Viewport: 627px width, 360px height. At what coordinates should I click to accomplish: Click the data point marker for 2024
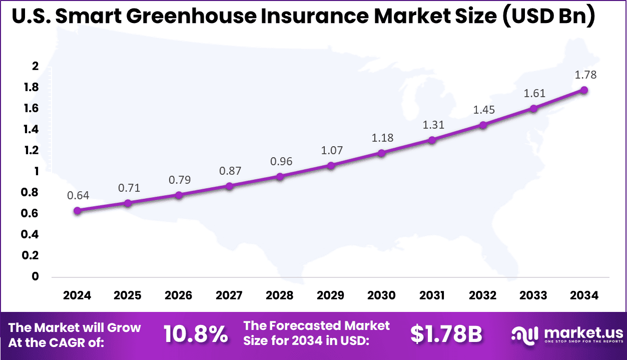[77, 211]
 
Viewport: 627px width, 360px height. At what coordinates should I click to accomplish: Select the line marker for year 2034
[584, 90]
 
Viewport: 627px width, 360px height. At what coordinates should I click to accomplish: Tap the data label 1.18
[382, 138]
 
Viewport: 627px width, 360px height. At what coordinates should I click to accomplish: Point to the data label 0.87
[230, 171]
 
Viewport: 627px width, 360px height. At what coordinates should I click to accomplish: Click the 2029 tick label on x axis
[330, 295]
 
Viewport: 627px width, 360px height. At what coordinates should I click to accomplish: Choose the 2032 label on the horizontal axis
[482, 295]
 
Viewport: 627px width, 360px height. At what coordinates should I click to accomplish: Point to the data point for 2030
[381, 153]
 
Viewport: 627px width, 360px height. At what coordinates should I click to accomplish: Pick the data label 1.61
[534, 93]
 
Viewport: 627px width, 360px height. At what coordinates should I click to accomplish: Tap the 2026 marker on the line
[179, 195]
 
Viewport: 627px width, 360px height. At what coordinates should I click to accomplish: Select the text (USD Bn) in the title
[548, 17]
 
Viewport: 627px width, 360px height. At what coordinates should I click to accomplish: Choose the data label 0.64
[78, 195]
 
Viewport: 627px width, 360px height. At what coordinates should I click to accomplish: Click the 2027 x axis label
[229, 295]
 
